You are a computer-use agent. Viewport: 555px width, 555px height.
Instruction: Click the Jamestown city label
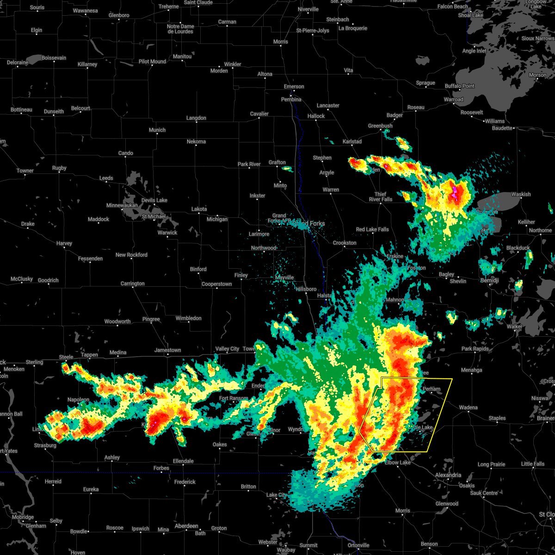point(167,350)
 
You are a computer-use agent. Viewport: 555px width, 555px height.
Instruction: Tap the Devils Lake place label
point(154,200)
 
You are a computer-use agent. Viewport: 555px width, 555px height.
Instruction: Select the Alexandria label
point(448,475)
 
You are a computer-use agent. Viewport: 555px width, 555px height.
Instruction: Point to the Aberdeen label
point(186,526)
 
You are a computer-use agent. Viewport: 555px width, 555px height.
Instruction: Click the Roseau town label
point(416,107)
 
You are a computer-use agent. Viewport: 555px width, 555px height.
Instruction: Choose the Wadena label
point(468,407)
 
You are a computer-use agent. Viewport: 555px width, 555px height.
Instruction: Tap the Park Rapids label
point(475,349)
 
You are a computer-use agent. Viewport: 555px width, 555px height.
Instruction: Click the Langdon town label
point(196,118)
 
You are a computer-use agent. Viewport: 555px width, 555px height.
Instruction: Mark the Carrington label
point(132,284)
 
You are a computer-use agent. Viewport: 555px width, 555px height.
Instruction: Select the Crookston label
point(345,243)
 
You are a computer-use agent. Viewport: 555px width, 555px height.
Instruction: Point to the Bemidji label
point(489,281)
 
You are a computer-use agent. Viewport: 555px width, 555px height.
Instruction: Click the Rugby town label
point(59,168)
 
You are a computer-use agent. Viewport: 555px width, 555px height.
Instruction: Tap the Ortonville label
point(358,545)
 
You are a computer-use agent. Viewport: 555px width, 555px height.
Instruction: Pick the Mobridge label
point(23,517)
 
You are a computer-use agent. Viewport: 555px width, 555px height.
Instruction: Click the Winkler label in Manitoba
point(232,64)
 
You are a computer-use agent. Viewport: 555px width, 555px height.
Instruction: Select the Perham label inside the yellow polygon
point(432,389)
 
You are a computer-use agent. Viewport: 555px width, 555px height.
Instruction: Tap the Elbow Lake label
point(398,462)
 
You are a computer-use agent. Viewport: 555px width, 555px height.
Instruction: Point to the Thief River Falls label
point(381,197)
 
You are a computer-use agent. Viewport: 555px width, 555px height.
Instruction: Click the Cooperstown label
point(216,284)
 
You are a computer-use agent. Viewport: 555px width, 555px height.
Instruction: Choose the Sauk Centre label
point(484,493)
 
